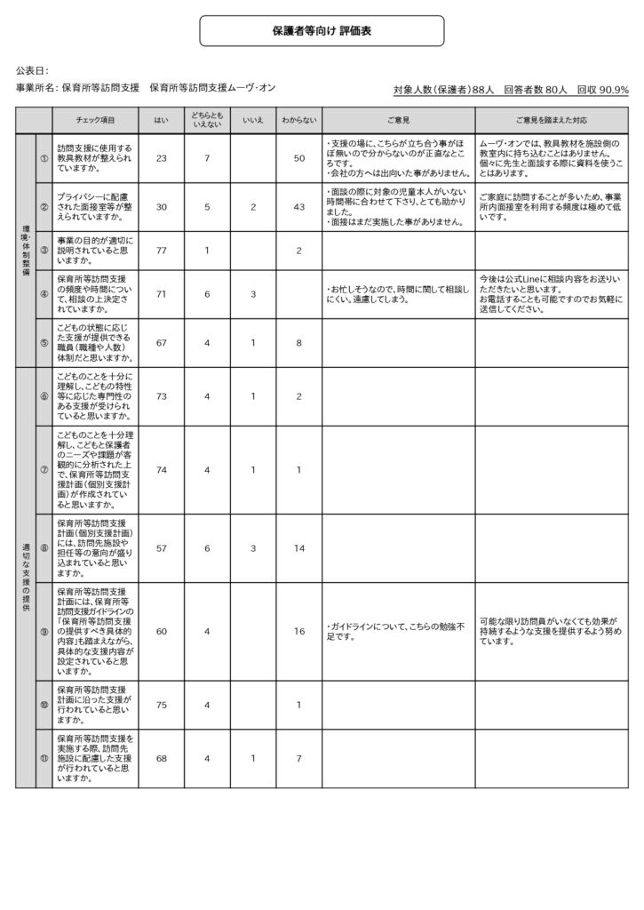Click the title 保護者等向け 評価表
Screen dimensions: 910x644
tap(322, 30)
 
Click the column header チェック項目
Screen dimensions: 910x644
tap(95, 120)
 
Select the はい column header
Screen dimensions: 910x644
tap(161, 120)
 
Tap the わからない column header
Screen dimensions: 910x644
tap(298, 120)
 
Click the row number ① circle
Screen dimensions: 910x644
tap(44, 158)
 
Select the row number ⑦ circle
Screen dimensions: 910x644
tap(44, 469)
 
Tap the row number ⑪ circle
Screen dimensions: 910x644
tap(44, 758)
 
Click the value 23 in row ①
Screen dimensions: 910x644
tap(161, 158)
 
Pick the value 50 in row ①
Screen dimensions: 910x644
tap(298, 158)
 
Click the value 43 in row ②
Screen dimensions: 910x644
tap(298, 207)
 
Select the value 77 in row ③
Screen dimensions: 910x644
tap(161, 251)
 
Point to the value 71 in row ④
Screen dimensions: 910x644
tap(161, 293)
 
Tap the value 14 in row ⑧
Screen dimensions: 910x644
tap(298, 548)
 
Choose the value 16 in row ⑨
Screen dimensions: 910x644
tap(298, 631)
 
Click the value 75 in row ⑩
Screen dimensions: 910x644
tap(161, 705)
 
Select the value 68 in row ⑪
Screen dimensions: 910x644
tap(161, 758)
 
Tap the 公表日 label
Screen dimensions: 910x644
tap(32, 69)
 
